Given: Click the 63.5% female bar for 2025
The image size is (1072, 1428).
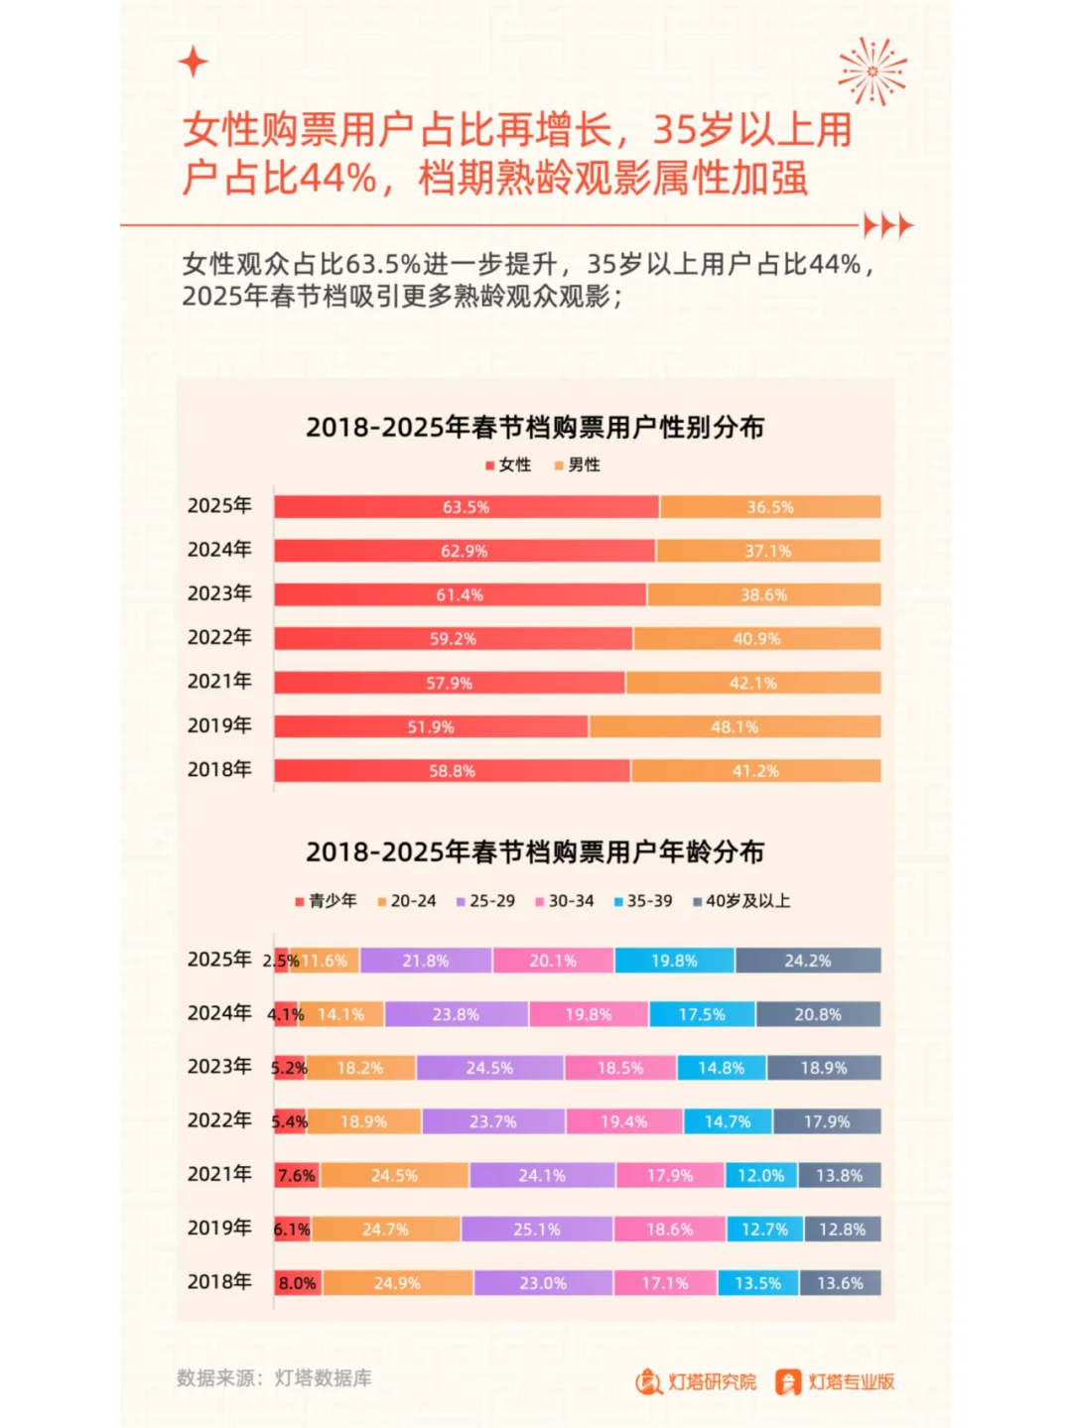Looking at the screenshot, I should pos(466,507).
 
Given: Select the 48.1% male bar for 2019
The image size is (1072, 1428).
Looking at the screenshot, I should pos(735,727).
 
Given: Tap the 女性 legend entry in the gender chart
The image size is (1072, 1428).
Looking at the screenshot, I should pos(508,464).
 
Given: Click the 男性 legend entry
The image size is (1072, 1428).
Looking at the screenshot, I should pos(578,464).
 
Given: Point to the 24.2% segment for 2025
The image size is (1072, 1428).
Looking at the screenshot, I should pos(808,961).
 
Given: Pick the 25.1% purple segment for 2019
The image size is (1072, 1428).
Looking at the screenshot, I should pos(536,1230).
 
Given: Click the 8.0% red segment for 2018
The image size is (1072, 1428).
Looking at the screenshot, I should pos(297,1283).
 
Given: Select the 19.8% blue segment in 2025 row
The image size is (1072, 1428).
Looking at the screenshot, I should pos(674,961).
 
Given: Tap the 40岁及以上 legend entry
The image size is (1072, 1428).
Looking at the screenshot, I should pos(741,901).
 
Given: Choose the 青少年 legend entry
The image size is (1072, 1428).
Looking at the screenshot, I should pos(326,901).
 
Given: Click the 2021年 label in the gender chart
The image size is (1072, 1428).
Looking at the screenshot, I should pos(219,682).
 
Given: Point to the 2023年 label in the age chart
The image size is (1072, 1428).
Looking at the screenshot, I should pos(219,1067).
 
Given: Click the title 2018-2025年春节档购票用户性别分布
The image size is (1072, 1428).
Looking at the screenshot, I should pos(535,428).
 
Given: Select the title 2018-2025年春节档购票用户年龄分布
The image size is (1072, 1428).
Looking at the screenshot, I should pos(535,852).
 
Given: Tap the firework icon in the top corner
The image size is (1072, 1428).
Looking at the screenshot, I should pos(871,71).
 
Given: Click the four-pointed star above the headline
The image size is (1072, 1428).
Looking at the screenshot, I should pos(194,63).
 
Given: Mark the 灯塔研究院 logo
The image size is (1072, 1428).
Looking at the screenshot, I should pos(696,1381).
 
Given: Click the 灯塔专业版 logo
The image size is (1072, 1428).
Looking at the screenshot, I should pos(835,1381).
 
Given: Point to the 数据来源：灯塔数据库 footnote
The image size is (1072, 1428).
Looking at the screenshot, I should pos(274,1378).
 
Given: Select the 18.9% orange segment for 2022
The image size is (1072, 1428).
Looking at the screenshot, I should pos(363,1122).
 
